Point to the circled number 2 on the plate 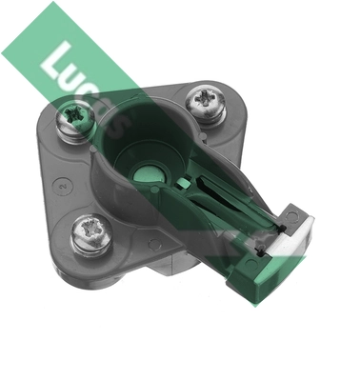64,185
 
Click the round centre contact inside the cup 145,174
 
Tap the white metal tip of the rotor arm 291,235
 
